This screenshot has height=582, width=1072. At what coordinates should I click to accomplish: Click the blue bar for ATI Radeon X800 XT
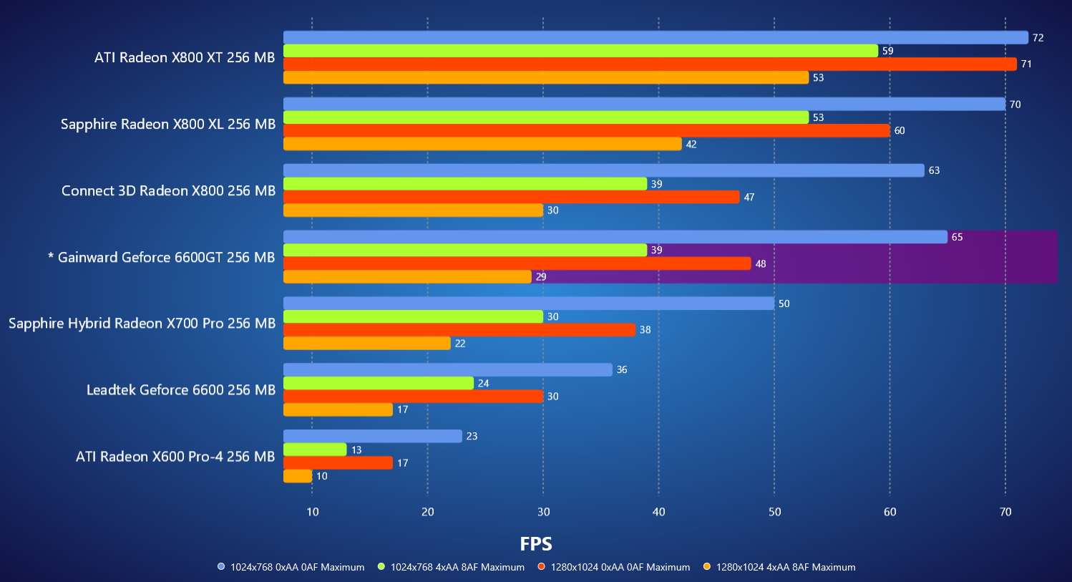coord(655,37)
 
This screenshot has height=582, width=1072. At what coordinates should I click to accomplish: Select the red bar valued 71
coord(650,64)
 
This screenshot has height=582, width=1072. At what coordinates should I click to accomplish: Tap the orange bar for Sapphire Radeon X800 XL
coord(482,144)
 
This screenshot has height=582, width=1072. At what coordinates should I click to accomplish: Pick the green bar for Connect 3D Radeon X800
coord(465,184)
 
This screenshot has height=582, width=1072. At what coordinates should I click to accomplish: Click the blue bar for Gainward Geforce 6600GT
coord(615,237)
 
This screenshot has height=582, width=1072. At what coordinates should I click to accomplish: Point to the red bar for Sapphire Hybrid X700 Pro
coord(459,330)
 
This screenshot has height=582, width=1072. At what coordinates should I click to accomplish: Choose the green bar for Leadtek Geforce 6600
coord(379,383)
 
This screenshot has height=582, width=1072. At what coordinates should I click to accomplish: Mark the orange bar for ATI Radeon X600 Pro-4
coord(298,476)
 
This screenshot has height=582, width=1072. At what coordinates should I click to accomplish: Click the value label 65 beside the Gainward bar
coord(957,237)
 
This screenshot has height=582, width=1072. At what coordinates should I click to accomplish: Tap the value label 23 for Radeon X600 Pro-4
coord(472,436)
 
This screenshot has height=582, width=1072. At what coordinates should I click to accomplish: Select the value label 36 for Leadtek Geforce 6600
coord(622,370)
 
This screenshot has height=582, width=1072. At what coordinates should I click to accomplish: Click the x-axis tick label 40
coord(658,512)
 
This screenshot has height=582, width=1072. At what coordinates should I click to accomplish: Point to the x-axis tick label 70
coord(1005,512)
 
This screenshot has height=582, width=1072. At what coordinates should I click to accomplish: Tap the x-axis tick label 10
coord(313,512)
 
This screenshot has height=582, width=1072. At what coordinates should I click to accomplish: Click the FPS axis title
coord(536,544)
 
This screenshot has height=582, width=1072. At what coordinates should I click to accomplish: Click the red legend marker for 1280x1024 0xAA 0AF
coord(542,567)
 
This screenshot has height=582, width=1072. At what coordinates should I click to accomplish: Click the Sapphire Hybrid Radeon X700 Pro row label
coord(142,324)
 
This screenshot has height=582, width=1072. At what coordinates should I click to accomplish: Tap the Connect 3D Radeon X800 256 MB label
coord(168,191)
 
